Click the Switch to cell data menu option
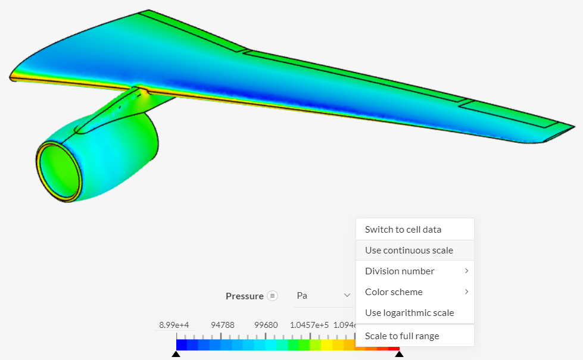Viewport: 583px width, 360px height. (403, 230)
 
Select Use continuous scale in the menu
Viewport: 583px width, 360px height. (409, 251)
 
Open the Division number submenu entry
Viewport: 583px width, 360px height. (400, 271)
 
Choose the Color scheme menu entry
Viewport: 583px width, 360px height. (394, 292)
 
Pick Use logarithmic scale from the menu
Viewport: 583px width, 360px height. (409, 313)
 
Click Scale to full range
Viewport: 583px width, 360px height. (402, 336)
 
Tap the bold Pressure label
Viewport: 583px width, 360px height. (244, 296)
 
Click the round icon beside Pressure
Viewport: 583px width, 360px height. (272, 296)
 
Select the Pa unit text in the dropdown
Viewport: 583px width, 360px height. (302, 296)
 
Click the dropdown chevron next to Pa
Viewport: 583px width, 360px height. (347, 296)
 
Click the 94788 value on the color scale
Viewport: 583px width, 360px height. (222, 325)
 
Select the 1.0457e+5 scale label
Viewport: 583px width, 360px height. (309, 325)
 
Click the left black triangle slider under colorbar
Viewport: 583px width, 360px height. (176, 355)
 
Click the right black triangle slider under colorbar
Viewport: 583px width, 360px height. (399, 355)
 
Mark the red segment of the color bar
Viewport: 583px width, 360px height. (394, 345)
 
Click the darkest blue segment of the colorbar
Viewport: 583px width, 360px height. (182, 345)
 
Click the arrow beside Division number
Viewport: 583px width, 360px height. (466, 271)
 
